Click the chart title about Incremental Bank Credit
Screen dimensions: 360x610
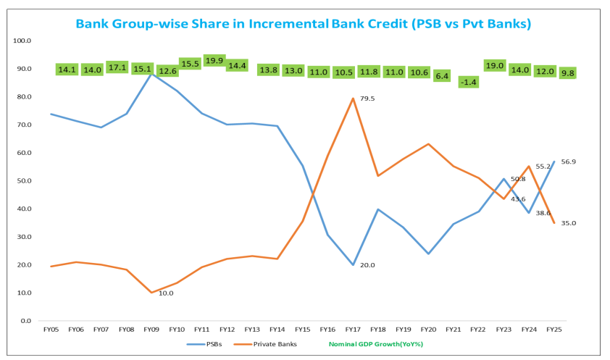pos(304,24)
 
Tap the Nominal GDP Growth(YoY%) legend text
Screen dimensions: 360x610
pos(376,344)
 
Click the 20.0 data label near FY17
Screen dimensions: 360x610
pos(367,265)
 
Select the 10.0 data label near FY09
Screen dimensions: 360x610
pos(166,293)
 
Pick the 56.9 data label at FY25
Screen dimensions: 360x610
pos(567,162)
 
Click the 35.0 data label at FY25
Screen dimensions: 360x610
pos(567,223)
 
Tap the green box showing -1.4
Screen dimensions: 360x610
pos(469,83)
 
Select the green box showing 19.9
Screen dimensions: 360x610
pos(214,60)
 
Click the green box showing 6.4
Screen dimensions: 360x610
pos(443,75)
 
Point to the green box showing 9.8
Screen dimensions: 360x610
pos(567,73)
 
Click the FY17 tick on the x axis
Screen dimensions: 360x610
pos(353,330)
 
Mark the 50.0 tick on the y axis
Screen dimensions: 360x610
pos(22,180)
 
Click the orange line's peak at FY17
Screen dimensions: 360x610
pos(353,99)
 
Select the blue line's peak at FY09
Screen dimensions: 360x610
pos(151,72)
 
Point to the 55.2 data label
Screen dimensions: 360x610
pos(543,166)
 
